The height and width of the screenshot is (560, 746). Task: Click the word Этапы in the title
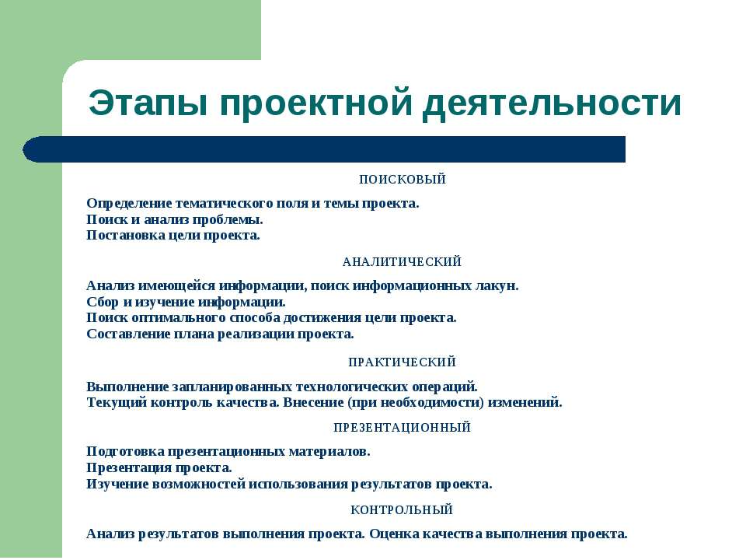click(148, 103)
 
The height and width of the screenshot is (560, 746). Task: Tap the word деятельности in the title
click(552, 103)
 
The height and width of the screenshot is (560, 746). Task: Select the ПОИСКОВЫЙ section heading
click(403, 180)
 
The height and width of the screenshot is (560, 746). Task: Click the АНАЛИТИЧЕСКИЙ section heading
click(402, 262)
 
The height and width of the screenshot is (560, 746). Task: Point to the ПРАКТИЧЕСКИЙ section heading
click(402, 362)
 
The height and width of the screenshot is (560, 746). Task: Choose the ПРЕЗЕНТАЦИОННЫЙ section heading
click(402, 428)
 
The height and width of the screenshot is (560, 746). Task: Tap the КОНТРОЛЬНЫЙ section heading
click(402, 510)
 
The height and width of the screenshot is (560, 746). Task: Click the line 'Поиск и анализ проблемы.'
click(175, 220)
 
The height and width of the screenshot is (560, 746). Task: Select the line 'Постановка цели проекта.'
click(173, 236)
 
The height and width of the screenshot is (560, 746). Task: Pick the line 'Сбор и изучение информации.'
click(186, 303)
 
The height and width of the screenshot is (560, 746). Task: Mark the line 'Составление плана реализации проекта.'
click(220, 334)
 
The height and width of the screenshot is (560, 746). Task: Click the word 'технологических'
click(352, 387)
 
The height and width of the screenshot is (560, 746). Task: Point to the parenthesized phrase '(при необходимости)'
click(416, 403)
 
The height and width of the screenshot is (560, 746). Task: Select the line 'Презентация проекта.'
click(159, 468)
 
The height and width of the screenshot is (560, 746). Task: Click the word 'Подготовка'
click(125, 452)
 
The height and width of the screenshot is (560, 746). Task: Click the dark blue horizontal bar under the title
click(324, 149)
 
